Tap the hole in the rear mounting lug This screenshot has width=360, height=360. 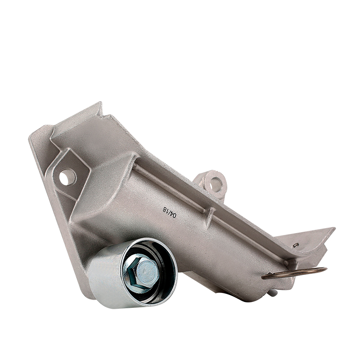216,183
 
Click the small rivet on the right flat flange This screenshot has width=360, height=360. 295,245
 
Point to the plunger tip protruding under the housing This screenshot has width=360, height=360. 274,293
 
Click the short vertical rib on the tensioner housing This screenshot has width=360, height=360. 210,217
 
